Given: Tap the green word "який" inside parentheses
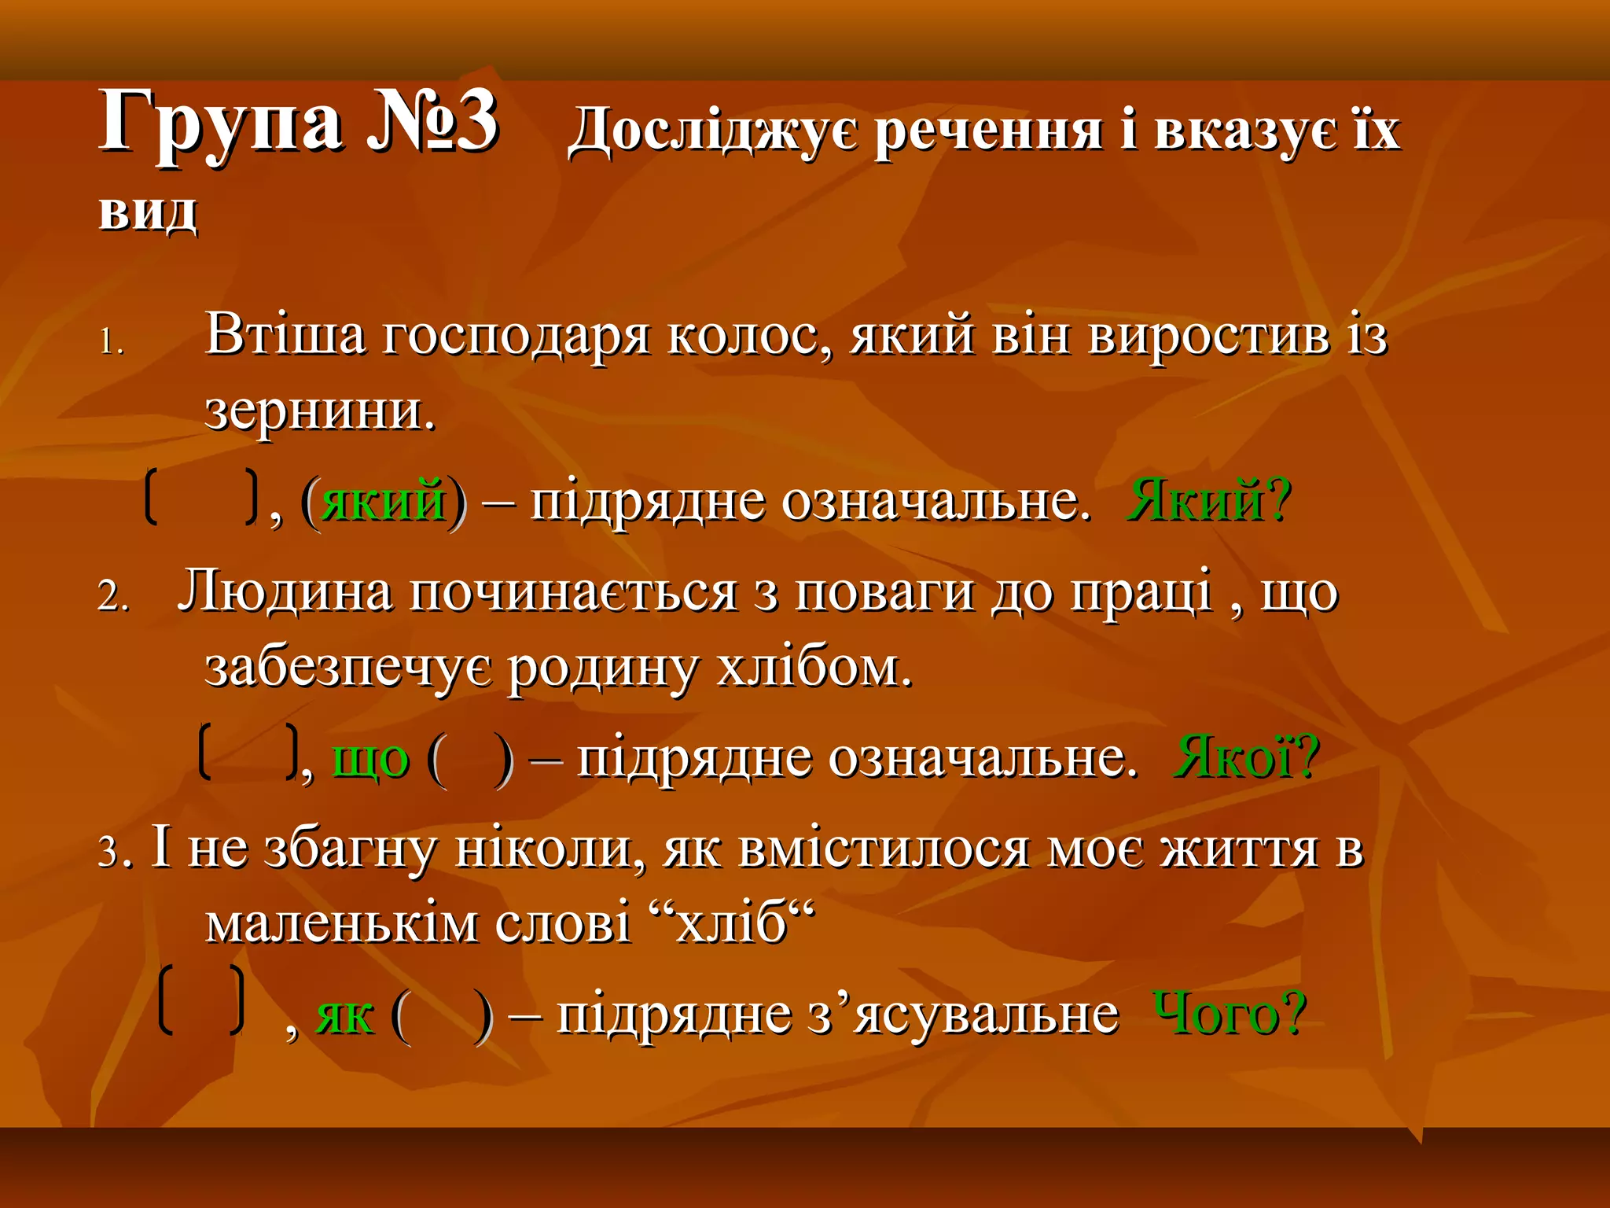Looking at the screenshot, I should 384,500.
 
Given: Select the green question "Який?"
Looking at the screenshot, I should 1208,500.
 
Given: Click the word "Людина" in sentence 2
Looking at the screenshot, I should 285,591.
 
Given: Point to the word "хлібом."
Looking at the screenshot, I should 814,668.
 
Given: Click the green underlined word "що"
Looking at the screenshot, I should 371,760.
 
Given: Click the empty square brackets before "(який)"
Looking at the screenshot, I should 202,497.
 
